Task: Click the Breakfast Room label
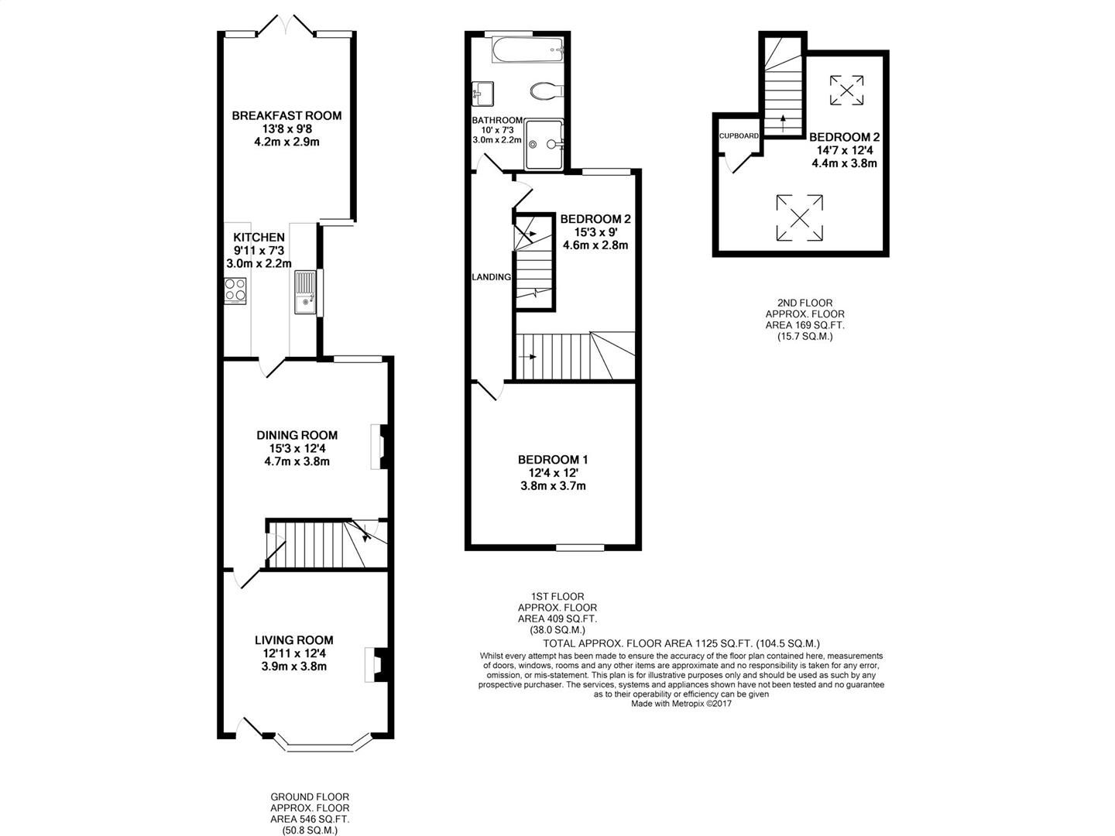pyautogui.click(x=286, y=116)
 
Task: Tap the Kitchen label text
pyautogui.click(x=259, y=238)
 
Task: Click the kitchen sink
pyautogui.click(x=305, y=292)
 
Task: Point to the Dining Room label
pyautogui.click(x=297, y=435)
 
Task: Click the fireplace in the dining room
pyautogui.click(x=378, y=447)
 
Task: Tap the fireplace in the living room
pyautogui.click(x=374, y=665)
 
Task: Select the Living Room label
pyautogui.click(x=294, y=640)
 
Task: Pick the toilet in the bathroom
pyautogui.click(x=546, y=91)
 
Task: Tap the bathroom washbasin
pyautogui.click(x=482, y=94)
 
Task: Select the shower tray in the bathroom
pyautogui.click(x=544, y=144)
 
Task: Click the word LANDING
pyautogui.click(x=492, y=277)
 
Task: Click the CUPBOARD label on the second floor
pyautogui.click(x=739, y=136)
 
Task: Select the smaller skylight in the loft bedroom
pyautogui.click(x=846, y=90)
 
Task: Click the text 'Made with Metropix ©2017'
pyautogui.click(x=681, y=704)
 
